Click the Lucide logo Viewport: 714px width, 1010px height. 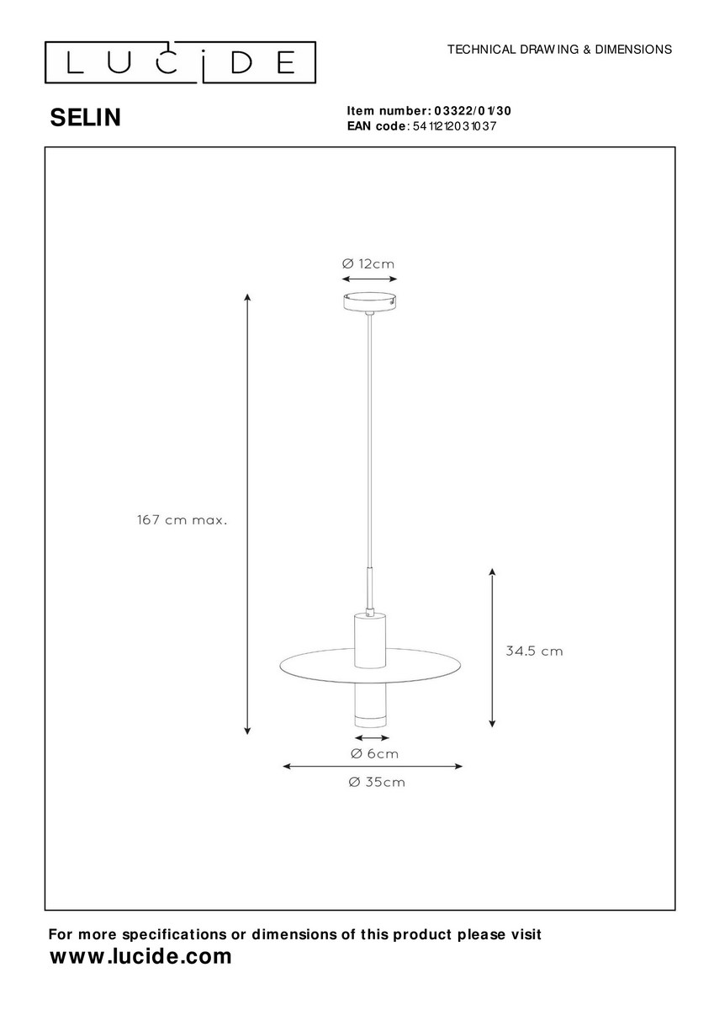click(180, 62)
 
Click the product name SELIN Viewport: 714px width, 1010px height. click(86, 118)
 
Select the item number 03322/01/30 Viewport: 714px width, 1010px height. click(473, 111)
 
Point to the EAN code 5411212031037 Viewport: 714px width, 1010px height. click(454, 126)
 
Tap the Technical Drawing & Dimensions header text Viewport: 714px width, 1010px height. click(559, 49)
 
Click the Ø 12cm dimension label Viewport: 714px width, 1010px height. click(368, 263)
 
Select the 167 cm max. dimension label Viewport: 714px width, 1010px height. click(182, 520)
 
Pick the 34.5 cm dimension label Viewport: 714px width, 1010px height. click(534, 651)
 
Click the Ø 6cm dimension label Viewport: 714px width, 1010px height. click(374, 753)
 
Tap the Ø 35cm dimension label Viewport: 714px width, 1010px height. click(377, 782)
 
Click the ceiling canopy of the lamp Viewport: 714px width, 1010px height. click(369, 301)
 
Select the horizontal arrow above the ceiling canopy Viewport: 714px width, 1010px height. click(369, 279)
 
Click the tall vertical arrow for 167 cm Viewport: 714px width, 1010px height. click(247, 514)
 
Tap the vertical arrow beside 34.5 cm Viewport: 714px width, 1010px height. click(492, 648)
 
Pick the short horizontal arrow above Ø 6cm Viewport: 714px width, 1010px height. click(372, 738)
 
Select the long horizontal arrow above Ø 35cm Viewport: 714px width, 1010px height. click(373, 766)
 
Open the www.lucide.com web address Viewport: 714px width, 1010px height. click(140, 956)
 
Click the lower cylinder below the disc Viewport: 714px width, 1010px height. click(370, 706)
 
